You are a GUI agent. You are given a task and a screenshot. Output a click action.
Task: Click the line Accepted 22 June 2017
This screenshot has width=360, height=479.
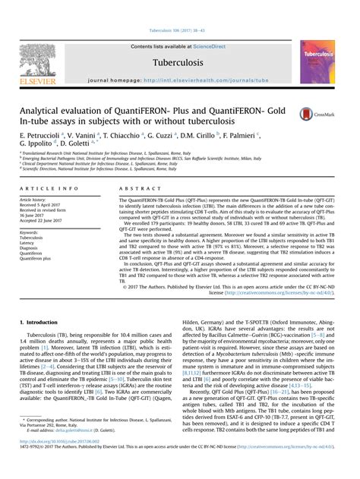coord(45,219)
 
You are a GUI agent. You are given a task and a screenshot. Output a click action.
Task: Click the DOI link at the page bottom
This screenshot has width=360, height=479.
coord(62,460)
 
